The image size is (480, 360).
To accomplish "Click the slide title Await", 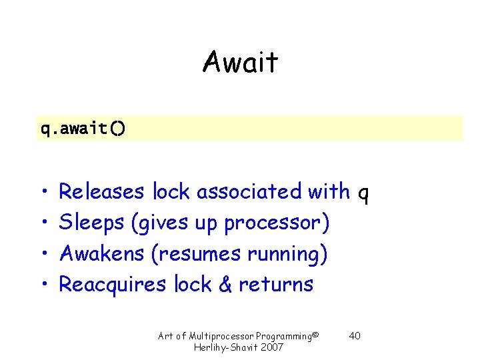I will pyautogui.click(x=240, y=63).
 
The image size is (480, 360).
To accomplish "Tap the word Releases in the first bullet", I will pyautogui.click(x=101, y=192).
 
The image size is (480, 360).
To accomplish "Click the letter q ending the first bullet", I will pyautogui.click(x=363, y=193).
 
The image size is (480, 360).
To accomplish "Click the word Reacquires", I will pyautogui.click(x=113, y=285).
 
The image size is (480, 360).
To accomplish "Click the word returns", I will pyautogui.click(x=276, y=285).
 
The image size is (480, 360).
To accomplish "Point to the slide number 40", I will pyautogui.click(x=355, y=335).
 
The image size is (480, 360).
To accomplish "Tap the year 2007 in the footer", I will pyautogui.click(x=273, y=347).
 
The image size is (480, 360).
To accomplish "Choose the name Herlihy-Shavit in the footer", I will pyautogui.click(x=227, y=347).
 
